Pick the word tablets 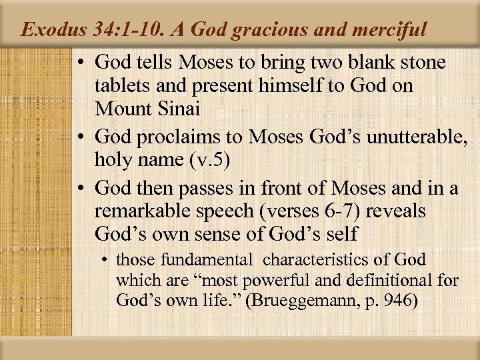click(122, 85)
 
